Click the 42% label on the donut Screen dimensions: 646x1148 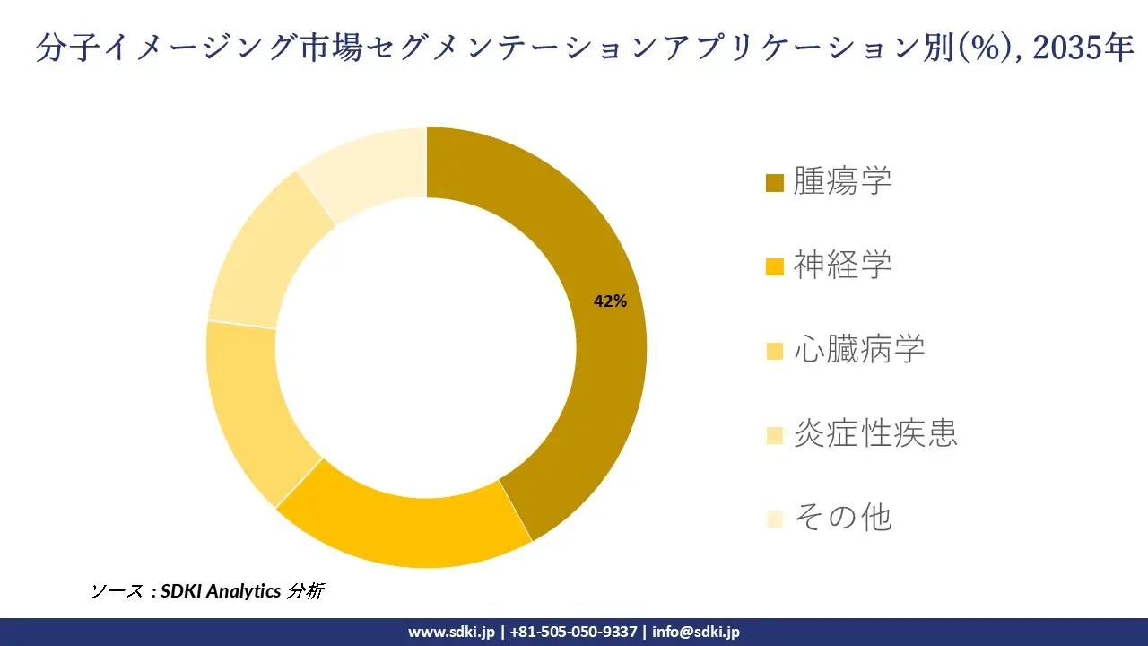click(610, 301)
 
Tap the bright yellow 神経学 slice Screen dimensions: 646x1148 click(404, 529)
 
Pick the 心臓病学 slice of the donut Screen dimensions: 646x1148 click(247, 404)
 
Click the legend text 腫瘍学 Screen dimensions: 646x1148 click(842, 181)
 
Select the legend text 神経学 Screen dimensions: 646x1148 click(842, 265)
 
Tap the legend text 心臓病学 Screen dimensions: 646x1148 click(858, 349)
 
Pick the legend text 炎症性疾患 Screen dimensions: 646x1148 click(875, 433)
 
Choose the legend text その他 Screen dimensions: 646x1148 click(842, 518)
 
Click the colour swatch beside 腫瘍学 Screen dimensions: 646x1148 click(775, 183)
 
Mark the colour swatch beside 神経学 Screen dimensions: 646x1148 click(775, 266)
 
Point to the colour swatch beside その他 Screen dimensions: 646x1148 click(775, 519)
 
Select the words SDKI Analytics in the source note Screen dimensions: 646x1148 click(220, 591)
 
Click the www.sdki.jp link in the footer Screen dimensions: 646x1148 click(451, 632)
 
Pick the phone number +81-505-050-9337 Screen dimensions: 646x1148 click(574, 632)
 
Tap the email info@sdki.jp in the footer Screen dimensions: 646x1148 click(696, 632)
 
